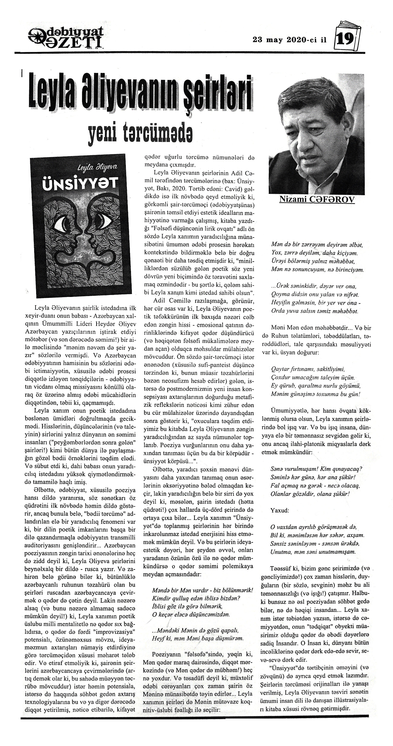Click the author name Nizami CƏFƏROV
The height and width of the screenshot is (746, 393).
(x=317, y=200)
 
